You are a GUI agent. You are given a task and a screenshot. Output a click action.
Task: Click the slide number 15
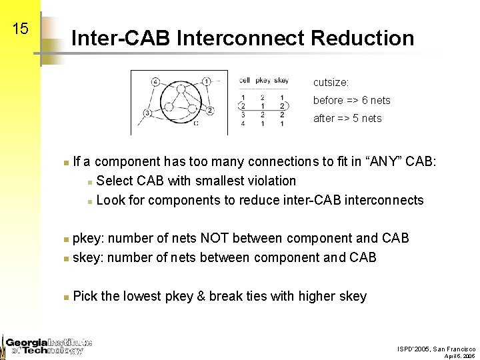(21, 29)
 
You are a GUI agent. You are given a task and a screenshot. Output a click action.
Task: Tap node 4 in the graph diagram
(155, 82)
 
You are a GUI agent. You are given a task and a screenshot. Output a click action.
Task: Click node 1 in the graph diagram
(207, 81)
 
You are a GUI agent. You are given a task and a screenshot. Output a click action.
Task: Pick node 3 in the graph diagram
(147, 113)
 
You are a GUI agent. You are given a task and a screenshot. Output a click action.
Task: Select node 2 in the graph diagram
(209, 110)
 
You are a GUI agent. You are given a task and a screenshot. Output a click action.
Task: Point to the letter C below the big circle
(195, 123)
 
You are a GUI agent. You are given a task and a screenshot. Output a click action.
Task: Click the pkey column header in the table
(263, 81)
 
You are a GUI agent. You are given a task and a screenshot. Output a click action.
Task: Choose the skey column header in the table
(281, 81)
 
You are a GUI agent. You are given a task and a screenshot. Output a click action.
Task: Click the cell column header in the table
(245, 81)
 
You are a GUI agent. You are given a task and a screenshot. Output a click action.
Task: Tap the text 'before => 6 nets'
(351, 101)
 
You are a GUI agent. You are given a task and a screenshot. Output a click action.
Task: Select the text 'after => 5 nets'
(347, 119)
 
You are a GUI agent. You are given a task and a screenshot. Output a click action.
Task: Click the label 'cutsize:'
(331, 83)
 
